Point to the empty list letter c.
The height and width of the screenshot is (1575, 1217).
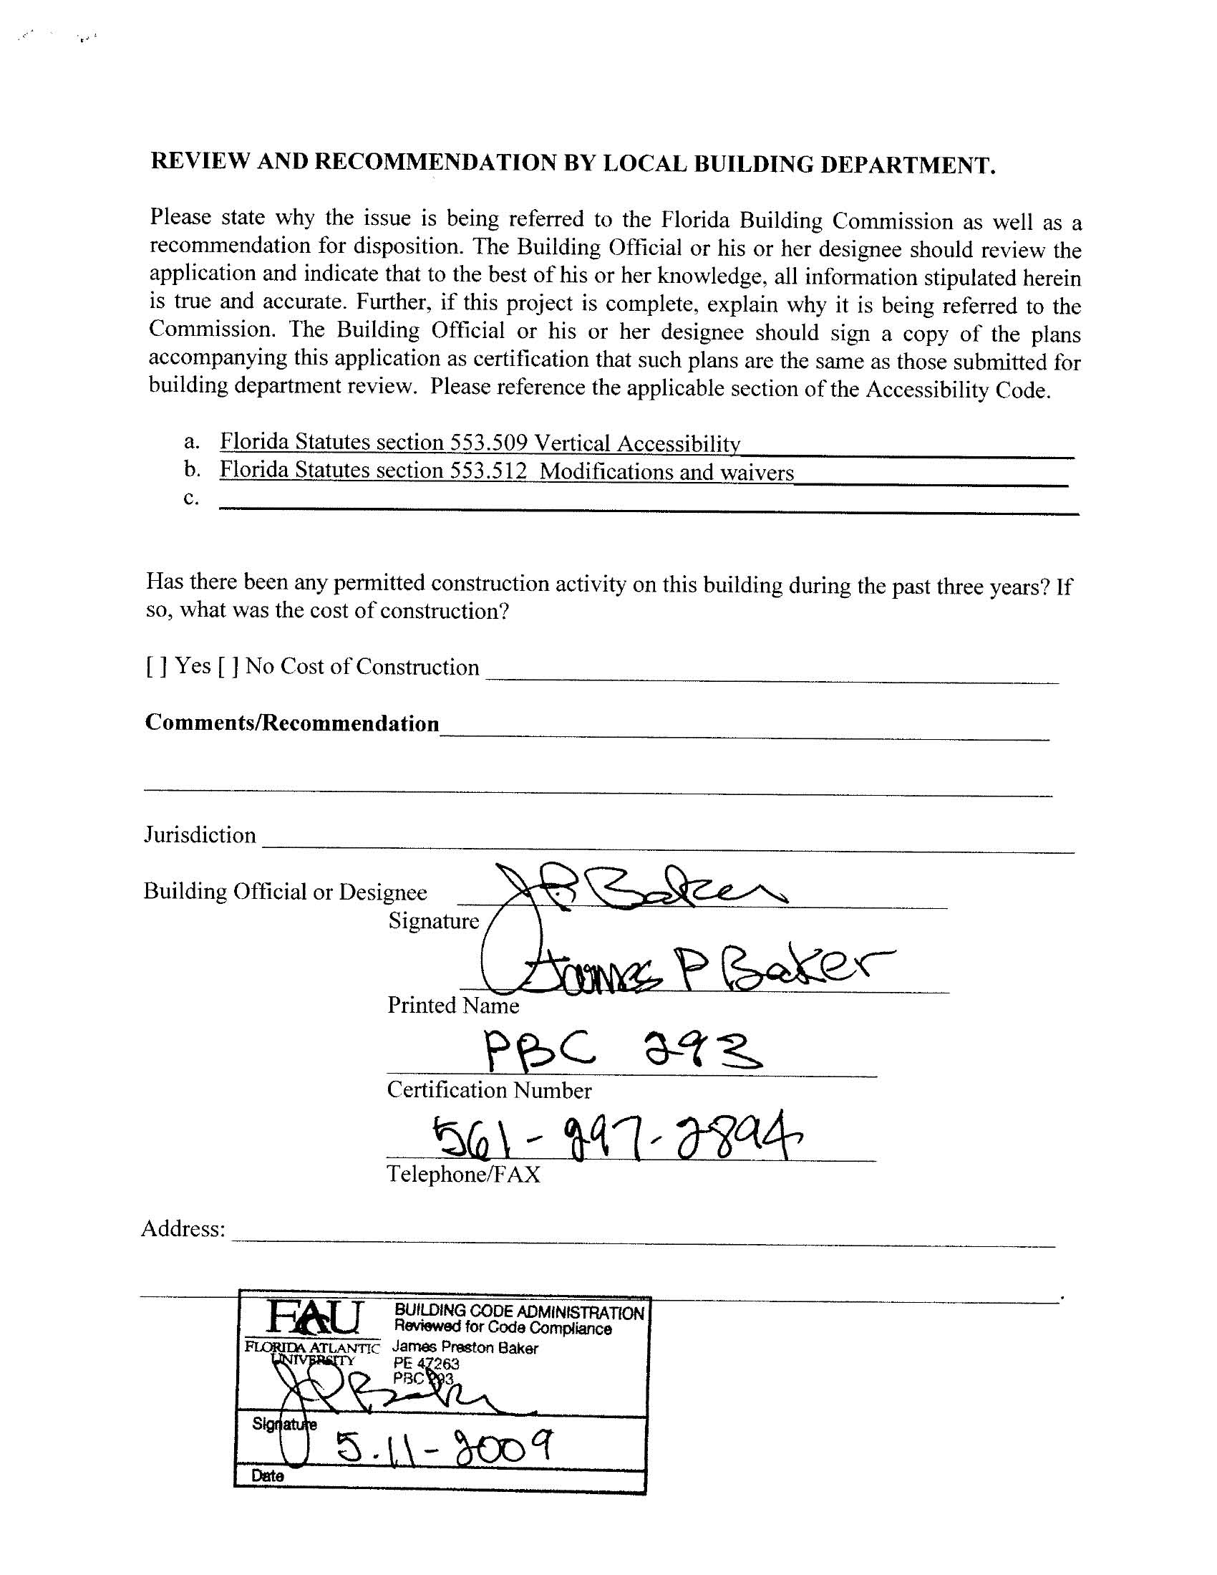(x=190, y=498)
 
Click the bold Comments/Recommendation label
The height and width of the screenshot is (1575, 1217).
(x=292, y=723)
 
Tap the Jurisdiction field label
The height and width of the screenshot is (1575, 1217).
(x=200, y=835)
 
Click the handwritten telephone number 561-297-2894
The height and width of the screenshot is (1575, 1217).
(x=616, y=1137)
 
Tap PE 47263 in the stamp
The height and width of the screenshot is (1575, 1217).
(x=426, y=1364)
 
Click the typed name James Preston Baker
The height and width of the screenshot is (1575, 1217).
(x=465, y=1349)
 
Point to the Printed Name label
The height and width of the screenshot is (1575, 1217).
(x=452, y=1006)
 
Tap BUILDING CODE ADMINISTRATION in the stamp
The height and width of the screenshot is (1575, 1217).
(x=519, y=1312)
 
